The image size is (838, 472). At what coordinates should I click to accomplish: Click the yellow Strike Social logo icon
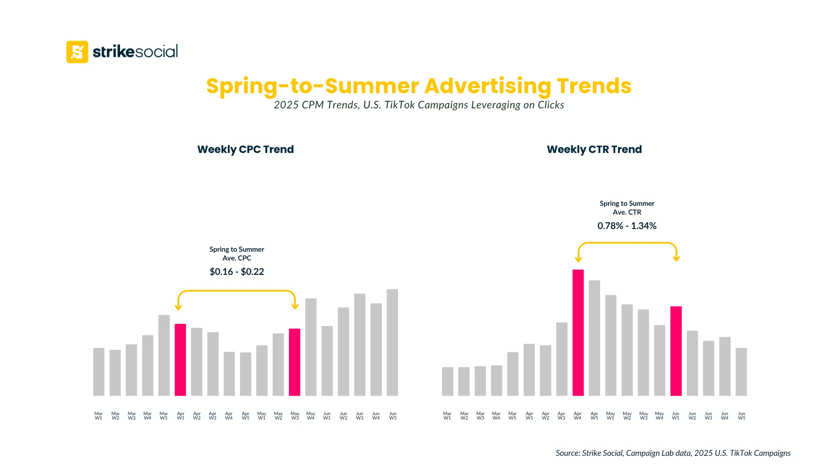point(77,52)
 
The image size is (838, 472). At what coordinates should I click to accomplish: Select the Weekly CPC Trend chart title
point(245,149)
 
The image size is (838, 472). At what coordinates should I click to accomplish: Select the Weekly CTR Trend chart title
point(594,149)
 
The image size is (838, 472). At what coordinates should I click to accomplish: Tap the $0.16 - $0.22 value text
point(237,272)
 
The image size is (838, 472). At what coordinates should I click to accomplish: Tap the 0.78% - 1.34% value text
point(627,226)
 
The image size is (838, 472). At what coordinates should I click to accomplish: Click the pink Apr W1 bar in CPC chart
point(180,360)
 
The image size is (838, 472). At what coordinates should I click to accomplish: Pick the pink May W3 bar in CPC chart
point(295,362)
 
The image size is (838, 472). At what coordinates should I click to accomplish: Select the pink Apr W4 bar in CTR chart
point(578,333)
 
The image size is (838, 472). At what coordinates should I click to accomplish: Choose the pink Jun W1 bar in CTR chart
point(676,351)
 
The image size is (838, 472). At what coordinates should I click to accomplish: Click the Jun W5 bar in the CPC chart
point(392,343)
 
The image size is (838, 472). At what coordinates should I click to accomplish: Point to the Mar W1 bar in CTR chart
point(447,382)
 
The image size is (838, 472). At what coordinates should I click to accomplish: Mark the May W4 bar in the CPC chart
point(311,347)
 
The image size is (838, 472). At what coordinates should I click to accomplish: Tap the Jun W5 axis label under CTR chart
point(742,416)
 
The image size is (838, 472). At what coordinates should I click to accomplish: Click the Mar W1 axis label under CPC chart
point(99,416)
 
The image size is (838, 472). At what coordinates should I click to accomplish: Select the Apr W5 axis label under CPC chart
point(245,416)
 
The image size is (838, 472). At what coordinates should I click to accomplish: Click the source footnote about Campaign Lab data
point(673,453)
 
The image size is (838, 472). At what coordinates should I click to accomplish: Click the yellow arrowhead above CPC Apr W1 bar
point(178,307)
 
